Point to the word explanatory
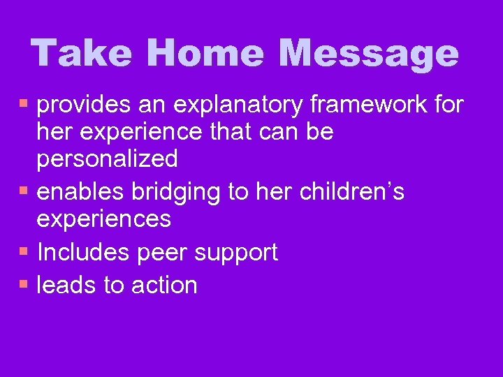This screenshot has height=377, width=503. pyautogui.click(x=238, y=106)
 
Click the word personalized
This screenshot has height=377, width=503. pyautogui.click(x=107, y=159)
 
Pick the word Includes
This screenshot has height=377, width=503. pyautogui.click(x=83, y=252)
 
